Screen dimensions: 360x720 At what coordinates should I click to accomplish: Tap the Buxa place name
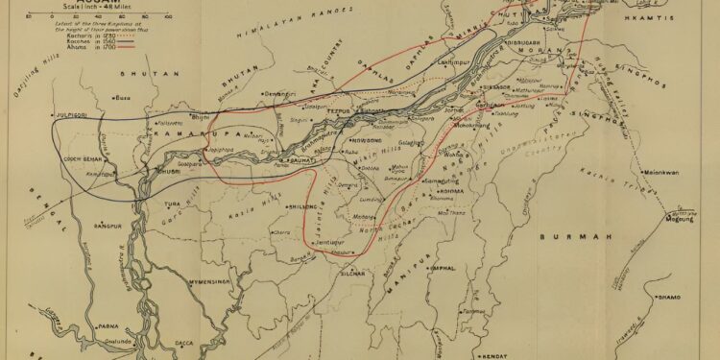click(124, 98)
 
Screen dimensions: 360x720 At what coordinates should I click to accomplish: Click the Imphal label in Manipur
click(443, 269)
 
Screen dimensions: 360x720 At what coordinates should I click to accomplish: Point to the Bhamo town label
click(668, 298)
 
